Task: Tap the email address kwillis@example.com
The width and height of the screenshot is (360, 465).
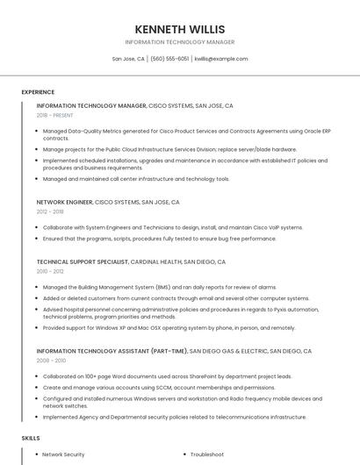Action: (221, 59)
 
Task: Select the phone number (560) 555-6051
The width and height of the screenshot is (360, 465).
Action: (169, 59)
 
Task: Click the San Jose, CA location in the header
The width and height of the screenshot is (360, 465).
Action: (128, 59)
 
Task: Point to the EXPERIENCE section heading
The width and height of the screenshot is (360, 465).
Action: (38, 91)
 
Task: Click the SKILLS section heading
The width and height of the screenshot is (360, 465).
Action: (31, 437)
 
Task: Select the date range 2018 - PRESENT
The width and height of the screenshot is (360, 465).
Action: (55, 115)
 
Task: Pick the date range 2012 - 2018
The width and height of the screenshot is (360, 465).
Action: (50, 211)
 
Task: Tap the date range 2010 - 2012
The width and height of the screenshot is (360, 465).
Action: (50, 271)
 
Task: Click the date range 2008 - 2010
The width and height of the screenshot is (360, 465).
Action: (51, 361)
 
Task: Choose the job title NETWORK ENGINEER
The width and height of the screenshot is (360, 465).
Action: (64, 202)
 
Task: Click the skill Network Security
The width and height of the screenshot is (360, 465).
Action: (63, 454)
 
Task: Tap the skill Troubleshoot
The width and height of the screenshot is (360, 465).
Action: (207, 454)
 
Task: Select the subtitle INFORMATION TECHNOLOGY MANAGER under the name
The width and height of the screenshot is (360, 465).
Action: (179, 42)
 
